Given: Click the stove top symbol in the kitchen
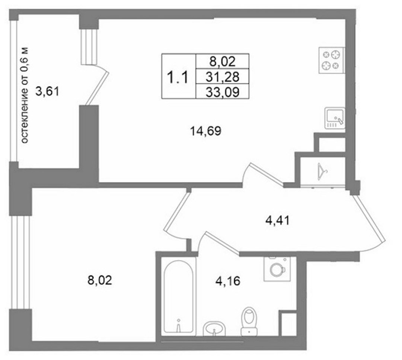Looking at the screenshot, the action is [x=332, y=60].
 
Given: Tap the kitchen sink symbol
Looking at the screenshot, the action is [x=335, y=118].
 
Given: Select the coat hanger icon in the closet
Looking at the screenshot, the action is [x=322, y=172].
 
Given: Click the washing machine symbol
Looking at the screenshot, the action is [x=277, y=269].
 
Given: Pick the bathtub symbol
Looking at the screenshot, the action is [x=178, y=296].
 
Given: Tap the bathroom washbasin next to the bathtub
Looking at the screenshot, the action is [x=214, y=328].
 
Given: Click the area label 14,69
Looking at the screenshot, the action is [x=205, y=131].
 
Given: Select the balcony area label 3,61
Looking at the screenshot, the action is [x=47, y=92].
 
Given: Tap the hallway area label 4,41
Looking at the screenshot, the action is [x=277, y=220].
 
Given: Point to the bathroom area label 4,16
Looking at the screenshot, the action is [x=228, y=281].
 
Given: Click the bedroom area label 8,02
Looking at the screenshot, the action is [x=100, y=280].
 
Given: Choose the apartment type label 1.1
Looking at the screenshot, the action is [x=178, y=77].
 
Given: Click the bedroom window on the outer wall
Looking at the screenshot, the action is [x=20, y=262].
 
